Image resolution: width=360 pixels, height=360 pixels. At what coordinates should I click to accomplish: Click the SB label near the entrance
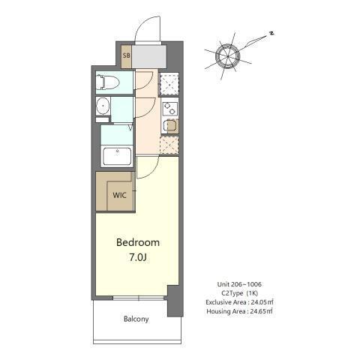coord(126,55)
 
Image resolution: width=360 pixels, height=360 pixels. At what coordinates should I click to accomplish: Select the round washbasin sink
coord(103,108)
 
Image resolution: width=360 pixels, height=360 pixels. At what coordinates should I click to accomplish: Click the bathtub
coord(117,157)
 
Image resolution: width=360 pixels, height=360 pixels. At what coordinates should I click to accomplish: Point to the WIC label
coord(118,196)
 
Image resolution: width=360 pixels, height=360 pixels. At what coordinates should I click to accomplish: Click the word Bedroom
coord(137,243)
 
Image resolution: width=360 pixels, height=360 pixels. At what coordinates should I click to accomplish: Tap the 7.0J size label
coord(137,257)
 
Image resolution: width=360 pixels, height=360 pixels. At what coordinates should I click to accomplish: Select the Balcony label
coord(136,319)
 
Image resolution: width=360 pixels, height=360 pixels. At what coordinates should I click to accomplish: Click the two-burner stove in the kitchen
coord(169,108)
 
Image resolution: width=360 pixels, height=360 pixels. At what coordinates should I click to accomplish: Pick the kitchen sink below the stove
coord(169,125)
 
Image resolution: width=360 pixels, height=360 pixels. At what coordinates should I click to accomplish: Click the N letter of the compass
coord(273,33)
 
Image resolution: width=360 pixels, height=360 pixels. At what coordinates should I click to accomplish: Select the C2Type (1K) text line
coord(237,293)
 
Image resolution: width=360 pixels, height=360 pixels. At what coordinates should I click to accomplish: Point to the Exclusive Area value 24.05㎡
coord(259,301)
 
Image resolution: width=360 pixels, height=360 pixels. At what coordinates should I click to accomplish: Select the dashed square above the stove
coord(169,82)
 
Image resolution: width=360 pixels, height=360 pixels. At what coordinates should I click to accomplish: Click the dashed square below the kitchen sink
coord(169,144)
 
